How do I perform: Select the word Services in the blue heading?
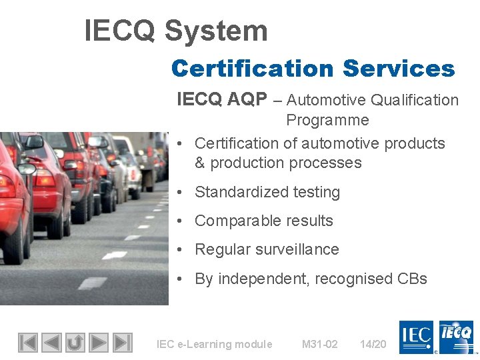point(399,69)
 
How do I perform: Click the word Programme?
point(327,120)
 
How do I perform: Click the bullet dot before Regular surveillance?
point(181,250)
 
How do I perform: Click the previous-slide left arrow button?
point(51,343)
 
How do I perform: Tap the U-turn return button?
point(75,343)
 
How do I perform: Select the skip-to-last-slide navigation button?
point(122,343)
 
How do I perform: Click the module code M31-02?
point(319,344)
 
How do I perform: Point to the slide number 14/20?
point(373,344)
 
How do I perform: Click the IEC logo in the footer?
point(417,337)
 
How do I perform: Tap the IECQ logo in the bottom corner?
point(457,337)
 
